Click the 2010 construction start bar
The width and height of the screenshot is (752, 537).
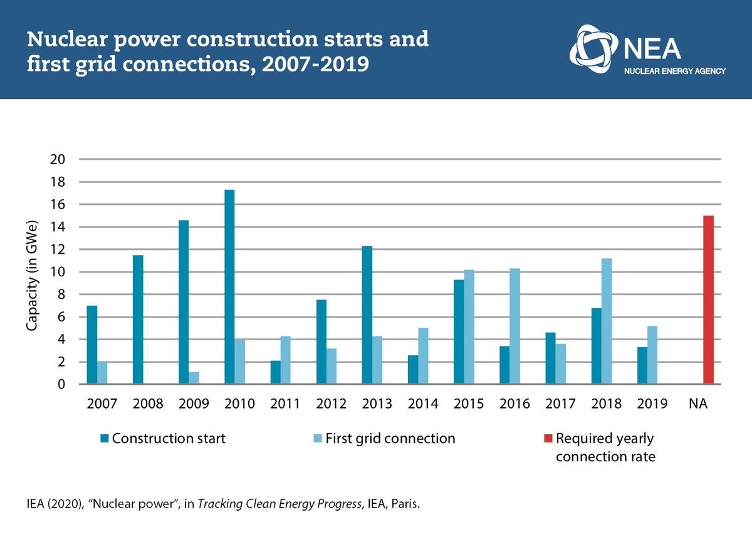coord(229,287)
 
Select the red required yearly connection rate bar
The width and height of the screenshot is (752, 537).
coord(708,300)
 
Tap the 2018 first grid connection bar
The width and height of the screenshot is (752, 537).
coord(607,321)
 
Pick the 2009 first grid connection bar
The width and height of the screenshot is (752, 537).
coord(194,378)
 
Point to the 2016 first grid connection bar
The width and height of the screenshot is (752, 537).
coord(514,326)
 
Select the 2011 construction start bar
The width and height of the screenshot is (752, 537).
coord(276,372)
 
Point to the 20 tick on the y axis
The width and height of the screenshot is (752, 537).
coord(58,160)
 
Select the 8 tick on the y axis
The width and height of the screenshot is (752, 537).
coord(61,295)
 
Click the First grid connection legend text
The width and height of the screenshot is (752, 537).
coord(390,439)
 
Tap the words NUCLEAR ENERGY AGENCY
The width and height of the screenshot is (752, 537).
coord(675,71)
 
